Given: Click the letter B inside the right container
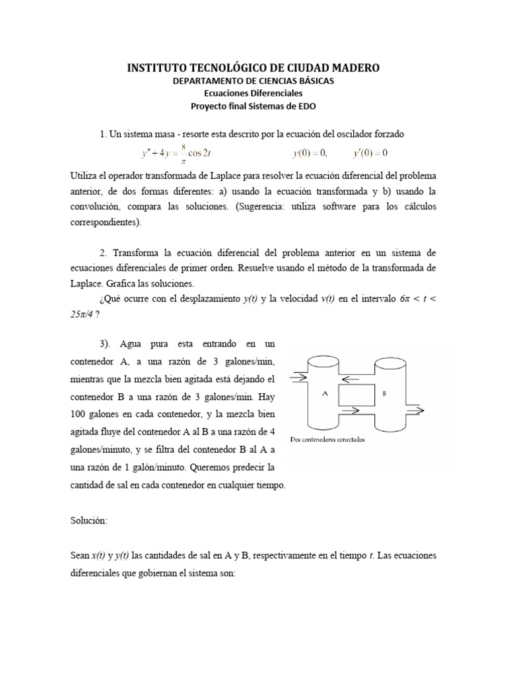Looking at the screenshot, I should pos(385,393).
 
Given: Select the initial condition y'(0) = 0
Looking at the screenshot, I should pos(370,154).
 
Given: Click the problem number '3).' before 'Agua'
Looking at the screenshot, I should pos(108,345).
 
